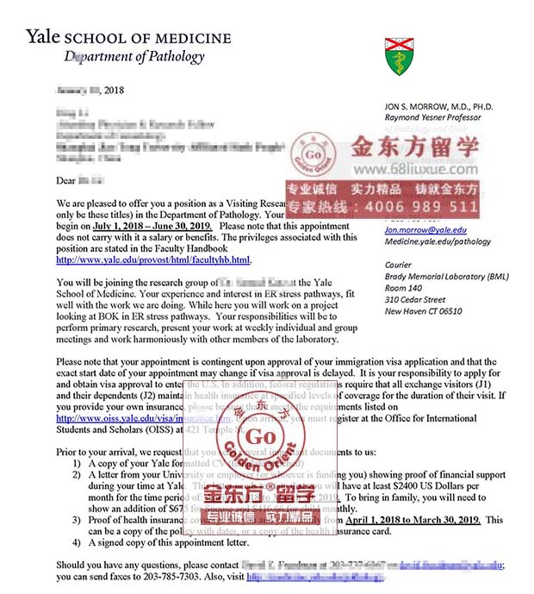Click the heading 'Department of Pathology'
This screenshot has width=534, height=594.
pyautogui.click(x=134, y=57)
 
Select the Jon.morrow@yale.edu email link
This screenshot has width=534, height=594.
pyautogui.click(x=425, y=230)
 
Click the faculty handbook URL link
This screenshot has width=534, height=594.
pyautogui.click(x=153, y=259)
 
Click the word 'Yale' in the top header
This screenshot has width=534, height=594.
pyautogui.click(x=44, y=36)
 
